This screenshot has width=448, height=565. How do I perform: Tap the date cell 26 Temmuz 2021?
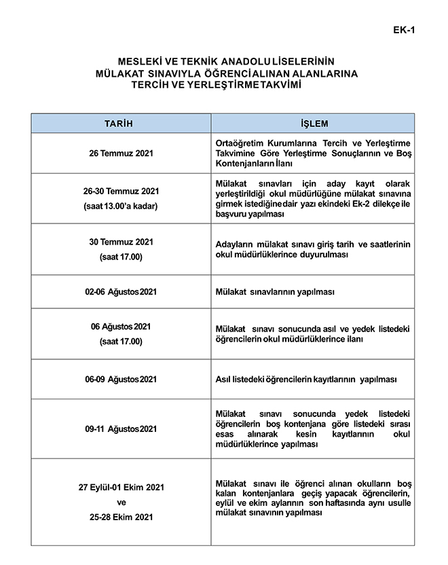(x=121, y=153)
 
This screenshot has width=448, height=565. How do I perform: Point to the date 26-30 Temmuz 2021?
(x=121, y=192)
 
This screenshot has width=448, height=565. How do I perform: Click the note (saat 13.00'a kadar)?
(x=121, y=206)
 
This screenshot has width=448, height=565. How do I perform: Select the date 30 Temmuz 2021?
(x=121, y=242)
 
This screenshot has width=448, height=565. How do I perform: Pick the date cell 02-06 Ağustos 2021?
(x=121, y=292)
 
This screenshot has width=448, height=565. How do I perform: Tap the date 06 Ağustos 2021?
(x=121, y=327)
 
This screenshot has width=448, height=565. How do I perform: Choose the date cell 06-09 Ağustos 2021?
(x=121, y=379)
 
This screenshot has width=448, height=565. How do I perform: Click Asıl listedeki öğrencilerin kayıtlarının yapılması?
(x=305, y=379)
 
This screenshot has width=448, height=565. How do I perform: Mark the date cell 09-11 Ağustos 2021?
(x=121, y=429)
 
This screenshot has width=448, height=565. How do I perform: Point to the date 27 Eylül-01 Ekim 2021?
(x=121, y=488)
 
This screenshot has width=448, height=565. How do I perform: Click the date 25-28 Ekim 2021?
(x=121, y=517)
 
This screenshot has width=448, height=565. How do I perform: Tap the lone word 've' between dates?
(x=122, y=503)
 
